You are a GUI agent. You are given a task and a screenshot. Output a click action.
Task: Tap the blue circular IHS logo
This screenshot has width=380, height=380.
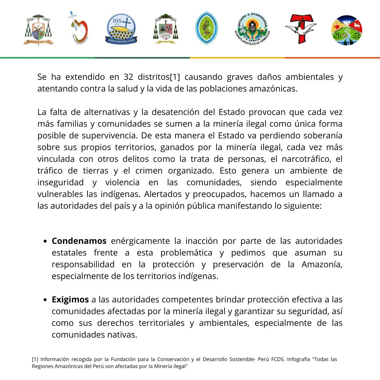click(x=121, y=29)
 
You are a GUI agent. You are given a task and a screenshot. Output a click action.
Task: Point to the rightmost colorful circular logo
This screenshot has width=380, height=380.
click(x=347, y=30)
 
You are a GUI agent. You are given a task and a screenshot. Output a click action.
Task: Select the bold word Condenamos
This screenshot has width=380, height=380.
click(x=79, y=241)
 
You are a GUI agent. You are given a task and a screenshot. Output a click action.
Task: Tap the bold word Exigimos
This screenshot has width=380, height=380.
click(x=70, y=300)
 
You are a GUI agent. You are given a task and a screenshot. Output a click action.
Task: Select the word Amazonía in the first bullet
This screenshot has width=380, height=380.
click(x=322, y=264)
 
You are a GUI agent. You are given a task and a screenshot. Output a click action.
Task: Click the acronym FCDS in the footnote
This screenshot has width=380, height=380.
click(x=278, y=359)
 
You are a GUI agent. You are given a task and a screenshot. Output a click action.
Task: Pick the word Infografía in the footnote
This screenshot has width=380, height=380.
click(x=298, y=359)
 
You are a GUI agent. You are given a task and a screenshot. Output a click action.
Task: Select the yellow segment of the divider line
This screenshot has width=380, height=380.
click(x=237, y=58)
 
